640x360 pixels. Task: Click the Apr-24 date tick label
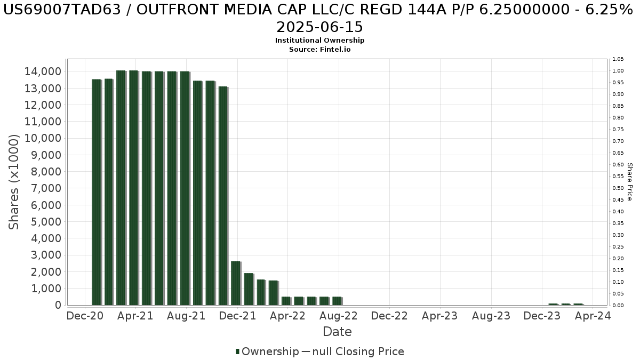[593, 316]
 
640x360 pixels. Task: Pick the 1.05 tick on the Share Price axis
[618, 59]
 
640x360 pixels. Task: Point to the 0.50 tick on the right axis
[618, 188]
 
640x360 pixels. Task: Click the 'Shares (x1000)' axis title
[14, 182]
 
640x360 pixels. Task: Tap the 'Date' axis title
[337, 332]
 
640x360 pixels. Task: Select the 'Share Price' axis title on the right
[629, 182]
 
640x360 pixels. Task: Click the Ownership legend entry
[267, 351]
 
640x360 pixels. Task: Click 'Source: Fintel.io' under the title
[320, 49]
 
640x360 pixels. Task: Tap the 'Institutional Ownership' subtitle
[320, 41]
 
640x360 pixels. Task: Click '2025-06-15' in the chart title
[320, 27]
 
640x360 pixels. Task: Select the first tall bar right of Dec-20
[97, 192]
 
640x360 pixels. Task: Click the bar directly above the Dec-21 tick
[236, 283]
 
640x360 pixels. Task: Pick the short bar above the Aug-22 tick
[337, 301]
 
